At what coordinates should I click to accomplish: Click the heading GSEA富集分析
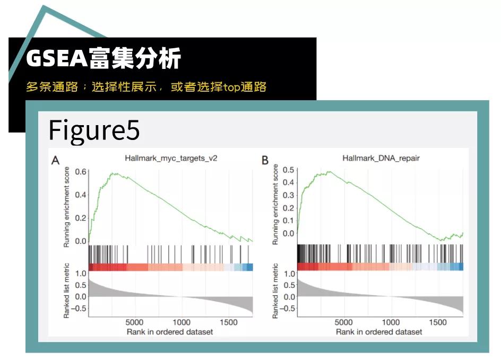103,59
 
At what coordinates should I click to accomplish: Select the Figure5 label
94,130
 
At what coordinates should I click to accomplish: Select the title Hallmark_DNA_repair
382,158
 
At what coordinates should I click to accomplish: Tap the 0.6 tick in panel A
81,172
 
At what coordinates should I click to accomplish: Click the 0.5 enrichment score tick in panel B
288,170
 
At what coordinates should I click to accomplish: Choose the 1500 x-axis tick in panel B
438,322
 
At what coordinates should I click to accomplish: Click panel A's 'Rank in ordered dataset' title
170,331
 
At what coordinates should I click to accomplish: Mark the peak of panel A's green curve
113,173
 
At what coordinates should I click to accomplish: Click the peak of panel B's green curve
329,171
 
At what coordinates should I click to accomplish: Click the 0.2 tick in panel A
81,218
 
